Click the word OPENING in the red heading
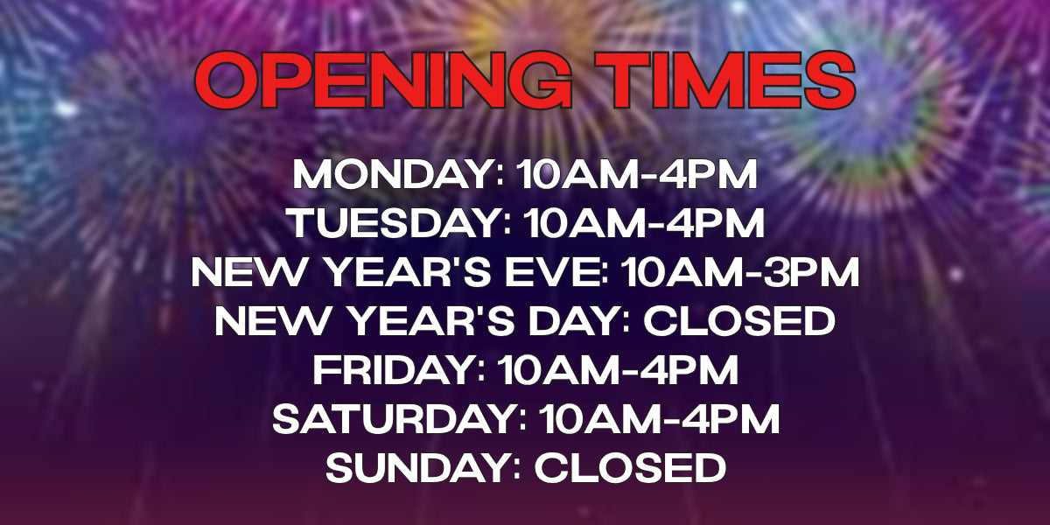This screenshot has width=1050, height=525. [x=383, y=80]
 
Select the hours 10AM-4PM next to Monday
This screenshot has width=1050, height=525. [x=637, y=174]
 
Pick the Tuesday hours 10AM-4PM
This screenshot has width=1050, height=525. [x=644, y=224]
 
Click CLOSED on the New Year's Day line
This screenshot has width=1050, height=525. [x=739, y=322]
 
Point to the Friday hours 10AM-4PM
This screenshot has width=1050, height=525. [x=619, y=371]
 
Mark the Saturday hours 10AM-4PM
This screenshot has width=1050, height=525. [x=660, y=419]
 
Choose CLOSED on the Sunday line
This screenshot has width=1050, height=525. [x=631, y=468]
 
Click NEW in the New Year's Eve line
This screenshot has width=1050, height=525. [x=248, y=272]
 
